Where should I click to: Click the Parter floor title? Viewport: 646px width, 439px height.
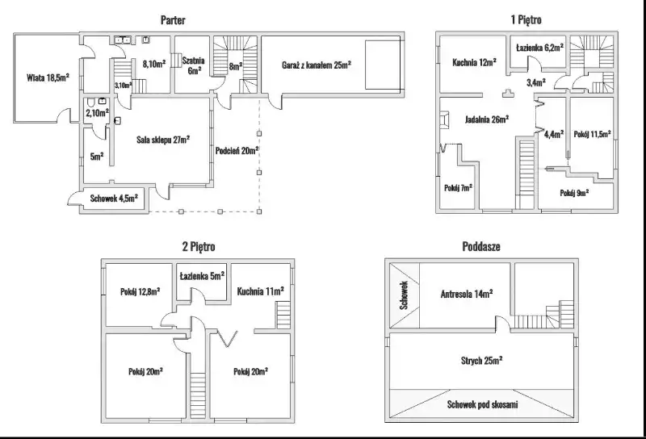point(173,19)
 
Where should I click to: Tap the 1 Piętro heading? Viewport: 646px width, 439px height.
point(526,19)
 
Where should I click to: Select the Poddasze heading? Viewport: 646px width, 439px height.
point(481,246)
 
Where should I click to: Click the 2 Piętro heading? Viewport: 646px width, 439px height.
point(199,246)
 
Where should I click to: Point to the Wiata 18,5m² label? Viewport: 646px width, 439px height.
point(48,77)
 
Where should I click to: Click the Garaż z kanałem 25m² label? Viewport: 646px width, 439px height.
point(317,65)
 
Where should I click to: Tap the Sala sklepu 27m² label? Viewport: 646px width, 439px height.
point(163,140)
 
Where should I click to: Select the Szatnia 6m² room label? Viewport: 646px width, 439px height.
point(194,65)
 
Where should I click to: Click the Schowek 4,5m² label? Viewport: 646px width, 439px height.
point(114,198)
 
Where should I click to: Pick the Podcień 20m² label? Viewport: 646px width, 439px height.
point(237,151)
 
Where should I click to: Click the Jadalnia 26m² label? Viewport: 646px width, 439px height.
point(487,119)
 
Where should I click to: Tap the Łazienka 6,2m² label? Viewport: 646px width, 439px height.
point(539,48)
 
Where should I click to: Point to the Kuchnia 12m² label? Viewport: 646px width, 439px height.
point(474,62)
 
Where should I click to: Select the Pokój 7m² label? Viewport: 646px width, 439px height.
point(458,188)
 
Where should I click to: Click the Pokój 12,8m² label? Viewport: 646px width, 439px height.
point(140,291)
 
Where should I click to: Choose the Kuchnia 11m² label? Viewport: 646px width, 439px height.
point(260,291)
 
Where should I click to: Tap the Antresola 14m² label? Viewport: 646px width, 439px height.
point(467,294)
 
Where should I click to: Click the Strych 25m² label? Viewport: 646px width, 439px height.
point(481,361)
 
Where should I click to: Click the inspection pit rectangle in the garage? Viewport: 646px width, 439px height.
point(383,65)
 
